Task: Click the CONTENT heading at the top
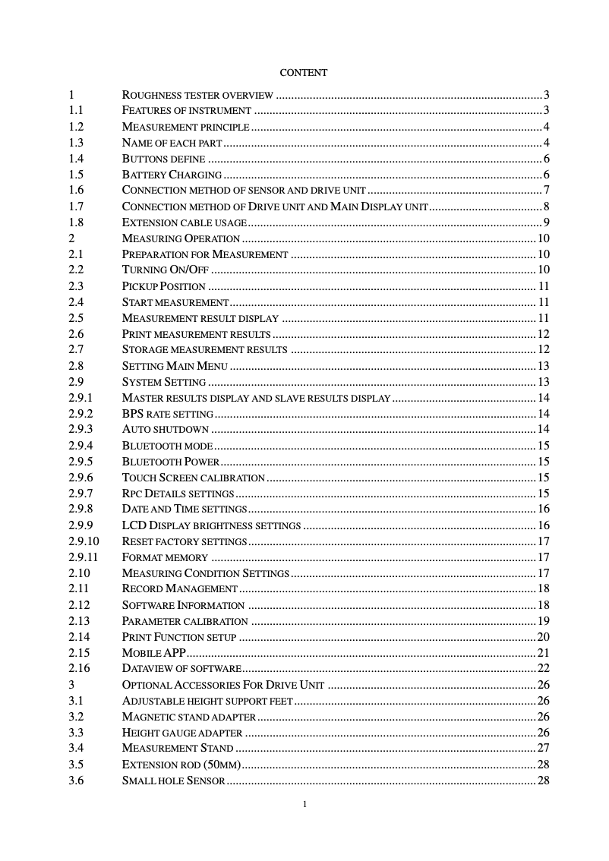[304, 73]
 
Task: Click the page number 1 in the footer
[304, 804]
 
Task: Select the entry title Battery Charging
[161, 175]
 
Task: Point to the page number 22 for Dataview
[543, 669]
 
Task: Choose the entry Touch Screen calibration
[193, 478]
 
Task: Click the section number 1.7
[76, 207]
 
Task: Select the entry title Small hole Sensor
[173, 781]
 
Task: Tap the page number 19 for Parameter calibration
[543, 621]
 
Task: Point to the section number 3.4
[76, 749]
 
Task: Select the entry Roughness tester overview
[197, 96]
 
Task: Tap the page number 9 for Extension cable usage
[546, 222]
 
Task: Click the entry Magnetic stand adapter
[188, 717]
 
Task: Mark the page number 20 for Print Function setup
[543, 637]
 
